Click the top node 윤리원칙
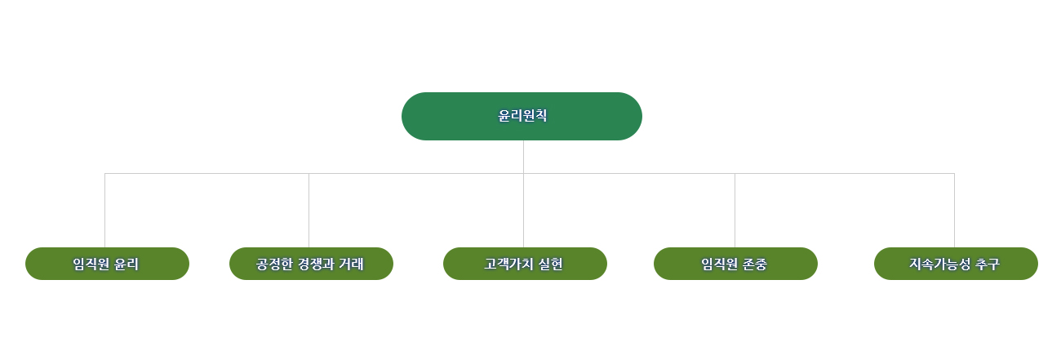522,116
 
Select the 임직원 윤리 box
107,264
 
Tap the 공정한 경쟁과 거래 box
311,264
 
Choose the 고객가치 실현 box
525,264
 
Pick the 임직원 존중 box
735,264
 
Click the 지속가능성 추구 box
956,264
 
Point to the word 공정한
274,264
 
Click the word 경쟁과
317,264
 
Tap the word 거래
352,264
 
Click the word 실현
551,264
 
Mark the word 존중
755,264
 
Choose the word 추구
987,264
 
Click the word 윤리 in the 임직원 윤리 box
127,264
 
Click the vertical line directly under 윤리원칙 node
523,157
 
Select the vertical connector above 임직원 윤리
104,211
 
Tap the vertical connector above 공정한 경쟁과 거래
309,211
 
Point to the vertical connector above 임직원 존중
735,211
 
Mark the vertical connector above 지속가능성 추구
954,211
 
